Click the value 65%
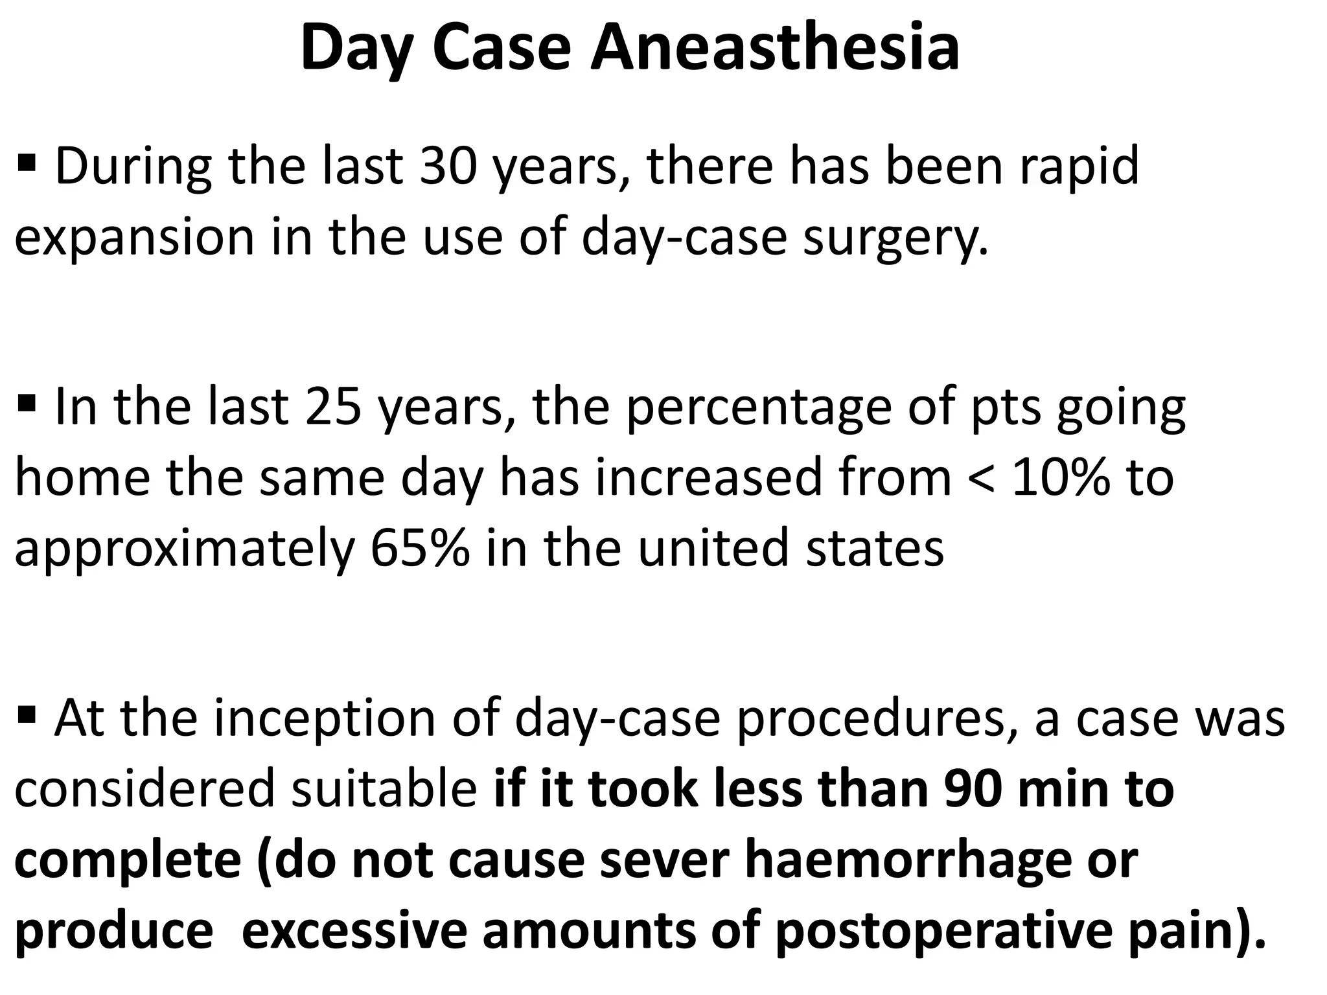(x=420, y=548)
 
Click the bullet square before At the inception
(x=27, y=715)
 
